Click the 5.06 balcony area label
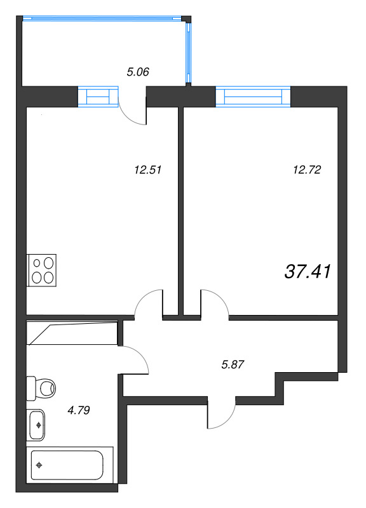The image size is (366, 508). coord(138,72)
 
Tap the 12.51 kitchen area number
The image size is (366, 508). coord(148,170)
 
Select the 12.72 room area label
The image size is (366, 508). coord(307,170)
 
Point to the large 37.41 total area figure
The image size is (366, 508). coord(308,272)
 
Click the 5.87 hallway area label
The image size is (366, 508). coord(233,364)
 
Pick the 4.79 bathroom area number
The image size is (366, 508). coord(78,410)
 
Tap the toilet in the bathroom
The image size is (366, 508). coord(41,388)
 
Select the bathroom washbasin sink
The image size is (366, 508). coord(36,425)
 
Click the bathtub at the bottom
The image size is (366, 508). coord(70,465)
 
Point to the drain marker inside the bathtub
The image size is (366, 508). coord(39,465)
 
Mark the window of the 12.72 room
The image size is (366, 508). coord(253,97)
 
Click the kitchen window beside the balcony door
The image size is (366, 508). coord(98,97)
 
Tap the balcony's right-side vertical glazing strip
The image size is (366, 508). coord(187,52)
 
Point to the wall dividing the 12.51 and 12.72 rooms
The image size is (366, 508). coord(181,211)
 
